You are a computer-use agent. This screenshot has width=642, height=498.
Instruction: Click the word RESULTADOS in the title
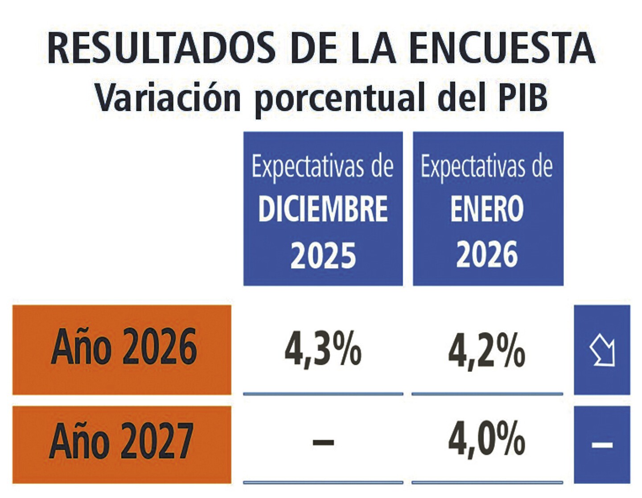tap(161, 48)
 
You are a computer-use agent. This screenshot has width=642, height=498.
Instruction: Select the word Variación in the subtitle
tap(168, 97)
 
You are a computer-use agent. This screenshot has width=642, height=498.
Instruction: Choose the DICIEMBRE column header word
tap(323, 209)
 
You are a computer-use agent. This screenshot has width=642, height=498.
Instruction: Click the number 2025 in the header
tap(323, 255)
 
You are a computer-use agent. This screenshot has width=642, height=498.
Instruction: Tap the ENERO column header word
tap(487, 209)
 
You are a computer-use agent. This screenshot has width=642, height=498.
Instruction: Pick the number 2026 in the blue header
tap(487, 255)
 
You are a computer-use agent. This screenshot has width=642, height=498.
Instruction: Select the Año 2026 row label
tap(123, 347)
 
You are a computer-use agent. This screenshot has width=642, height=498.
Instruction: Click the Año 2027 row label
tap(121, 441)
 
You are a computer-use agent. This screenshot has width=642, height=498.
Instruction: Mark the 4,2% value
tap(486, 350)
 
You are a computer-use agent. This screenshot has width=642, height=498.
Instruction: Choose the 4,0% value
tap(486, 440)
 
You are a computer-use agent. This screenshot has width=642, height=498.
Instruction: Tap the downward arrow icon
tap(602, 351)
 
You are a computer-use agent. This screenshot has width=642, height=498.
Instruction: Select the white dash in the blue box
tap(602, 444)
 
